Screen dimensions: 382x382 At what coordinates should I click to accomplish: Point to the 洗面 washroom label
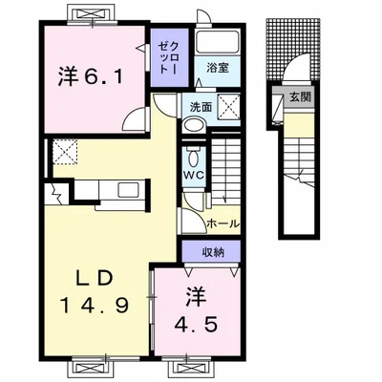point(199,107)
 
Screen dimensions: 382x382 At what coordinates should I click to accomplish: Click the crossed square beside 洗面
point(227,107)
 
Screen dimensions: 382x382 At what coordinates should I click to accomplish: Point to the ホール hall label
point(223,223)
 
